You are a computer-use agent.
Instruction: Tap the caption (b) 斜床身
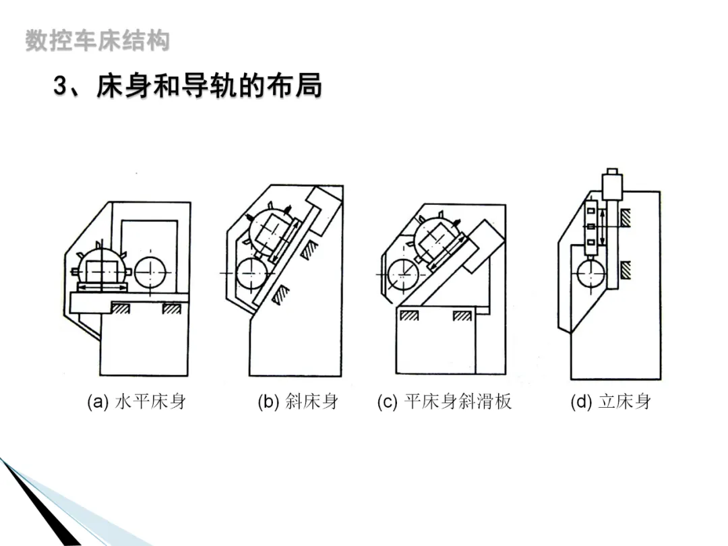coord(297,402)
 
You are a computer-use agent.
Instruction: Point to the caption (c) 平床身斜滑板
coord(444,402)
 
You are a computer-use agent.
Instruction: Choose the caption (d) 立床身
coord(611,402)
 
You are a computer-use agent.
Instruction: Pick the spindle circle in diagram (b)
coord(251,273)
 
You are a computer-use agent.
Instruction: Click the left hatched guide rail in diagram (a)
coord(122,308)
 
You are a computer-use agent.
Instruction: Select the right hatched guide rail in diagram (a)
coord(171,308)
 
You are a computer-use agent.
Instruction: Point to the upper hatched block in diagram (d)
coord(626,217)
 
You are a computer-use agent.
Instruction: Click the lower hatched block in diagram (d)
coord(626,270)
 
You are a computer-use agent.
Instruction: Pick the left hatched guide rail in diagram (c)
coord(409,315)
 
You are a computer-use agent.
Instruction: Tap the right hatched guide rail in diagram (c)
coord(462,315)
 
